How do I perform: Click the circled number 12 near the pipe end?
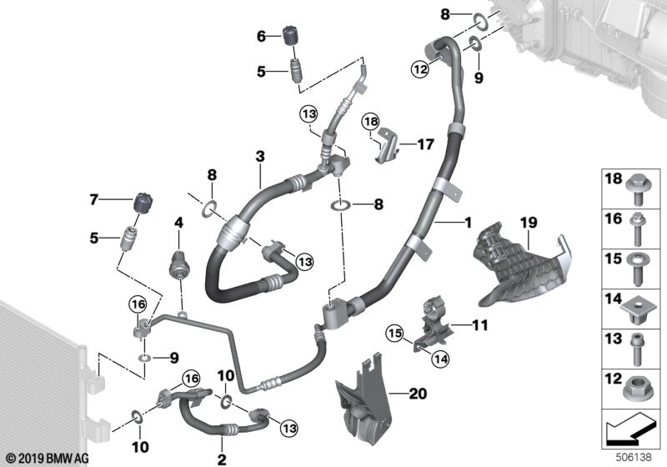pos(419,68)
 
